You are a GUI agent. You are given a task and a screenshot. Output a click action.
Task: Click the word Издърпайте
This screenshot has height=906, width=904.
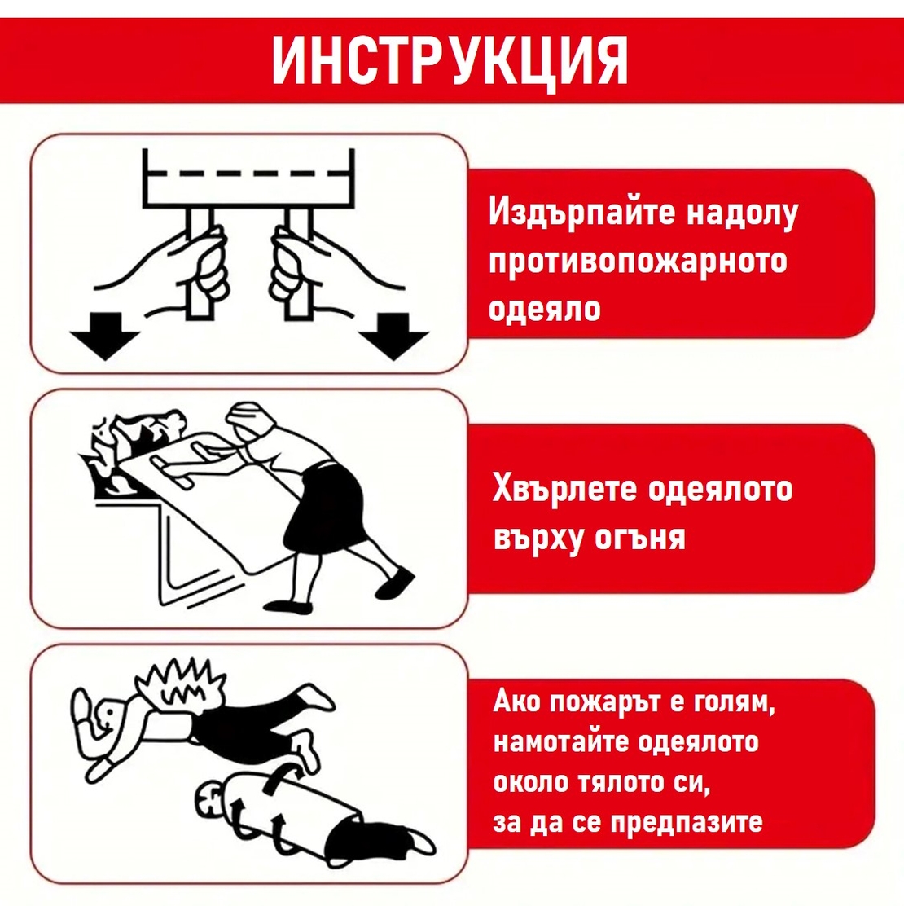pos(581,213)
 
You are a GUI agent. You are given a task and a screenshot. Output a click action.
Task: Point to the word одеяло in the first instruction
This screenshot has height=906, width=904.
pos(545,309)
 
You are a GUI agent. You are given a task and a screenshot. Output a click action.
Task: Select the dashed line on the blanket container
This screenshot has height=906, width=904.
pos(248,173)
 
